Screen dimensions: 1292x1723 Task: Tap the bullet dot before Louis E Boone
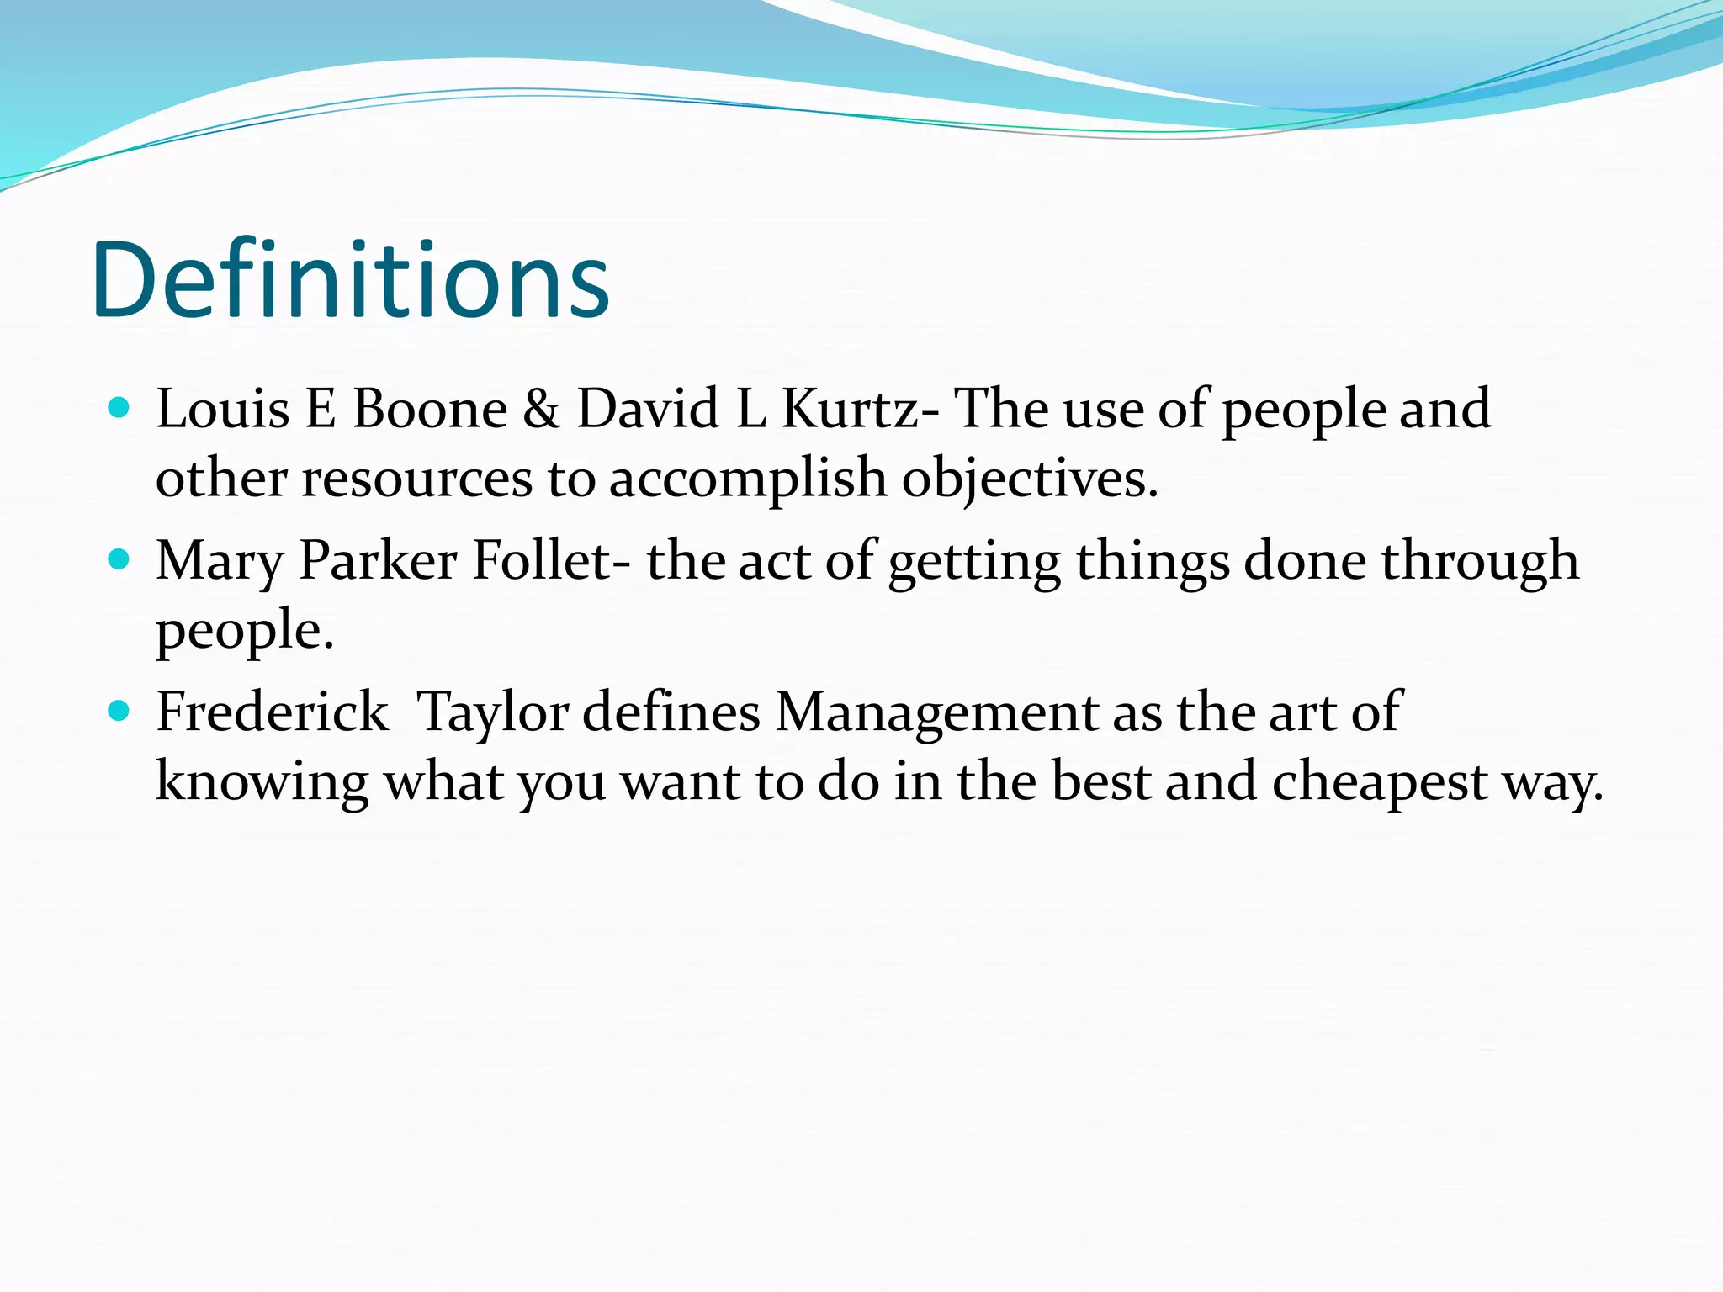click(x=119, y=408)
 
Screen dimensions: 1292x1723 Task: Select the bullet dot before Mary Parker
click(x=119, y=559)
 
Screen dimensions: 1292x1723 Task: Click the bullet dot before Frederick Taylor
click(x=119, y=712)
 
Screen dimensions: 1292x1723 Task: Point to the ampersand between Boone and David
click(x=541, y=410)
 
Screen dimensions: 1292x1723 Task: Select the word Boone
click(x=430, y=410)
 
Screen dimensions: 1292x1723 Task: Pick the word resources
click(x=417, y=479)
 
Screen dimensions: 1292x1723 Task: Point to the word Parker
click(x=378, y=561)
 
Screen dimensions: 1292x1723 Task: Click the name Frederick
click(x=273, y=712)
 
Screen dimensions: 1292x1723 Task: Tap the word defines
click(x=671, y=712)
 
